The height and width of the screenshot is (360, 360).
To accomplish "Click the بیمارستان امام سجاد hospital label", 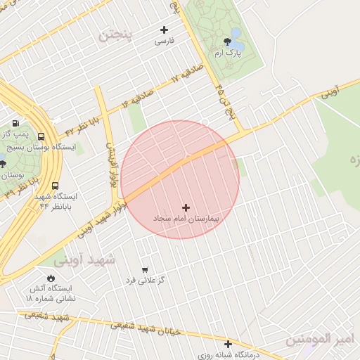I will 186,219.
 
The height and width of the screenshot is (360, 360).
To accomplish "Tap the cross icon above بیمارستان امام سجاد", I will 186,207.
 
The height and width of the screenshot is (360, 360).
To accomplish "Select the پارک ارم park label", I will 229,53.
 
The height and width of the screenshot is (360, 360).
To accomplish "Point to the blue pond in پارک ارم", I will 235,34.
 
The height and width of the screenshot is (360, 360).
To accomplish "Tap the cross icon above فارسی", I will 165,30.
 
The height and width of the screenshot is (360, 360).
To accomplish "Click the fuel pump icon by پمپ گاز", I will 15,123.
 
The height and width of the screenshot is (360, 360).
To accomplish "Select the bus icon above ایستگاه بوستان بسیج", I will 41,136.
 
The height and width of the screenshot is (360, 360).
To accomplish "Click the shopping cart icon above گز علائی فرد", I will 145,269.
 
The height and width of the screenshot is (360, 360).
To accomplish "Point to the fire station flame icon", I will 51,278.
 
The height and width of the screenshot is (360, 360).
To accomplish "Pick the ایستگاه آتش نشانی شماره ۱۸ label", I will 51,294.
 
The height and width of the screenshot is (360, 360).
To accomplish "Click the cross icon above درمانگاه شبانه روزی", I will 228,344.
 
